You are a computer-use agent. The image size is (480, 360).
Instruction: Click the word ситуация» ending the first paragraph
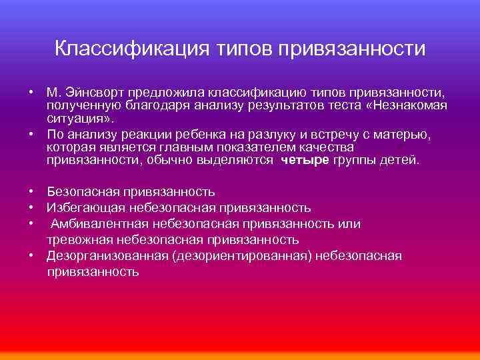(x=81, y=119)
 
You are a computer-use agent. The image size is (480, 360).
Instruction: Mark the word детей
(x=403, y=161)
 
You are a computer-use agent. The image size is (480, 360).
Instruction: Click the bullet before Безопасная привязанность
(x=31, y=192)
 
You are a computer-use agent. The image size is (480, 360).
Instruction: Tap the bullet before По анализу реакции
(x=31, y=134)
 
